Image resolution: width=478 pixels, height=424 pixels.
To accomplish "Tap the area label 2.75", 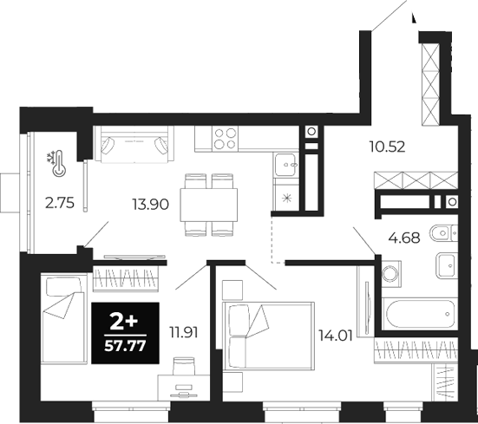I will (58, 205).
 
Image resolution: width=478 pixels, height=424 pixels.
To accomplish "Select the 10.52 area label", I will (389, 147).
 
